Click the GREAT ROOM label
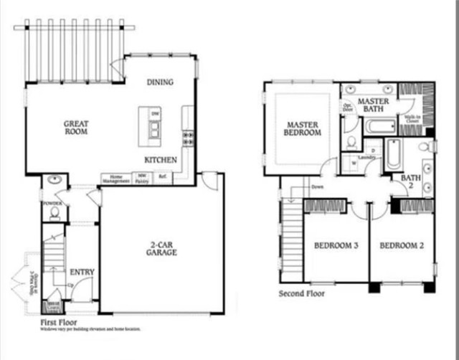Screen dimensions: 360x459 pyautogui.click(x=75, y=127)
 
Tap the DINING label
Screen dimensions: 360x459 pyautogui.click(x=160, y=82)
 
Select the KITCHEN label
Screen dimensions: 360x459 pyautogui.click(x=161, y=160)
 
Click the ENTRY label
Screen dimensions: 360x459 pyautogui.click(x=82, y=272)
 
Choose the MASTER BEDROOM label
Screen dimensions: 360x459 pyautogui.click(x=303, y=128)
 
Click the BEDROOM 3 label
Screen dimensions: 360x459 pyautogui.click(x=336, y=246)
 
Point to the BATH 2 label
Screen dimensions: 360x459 pyautogui.click(x=412, y=182)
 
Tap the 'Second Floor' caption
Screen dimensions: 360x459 pyautogui.click(x=301, y=293)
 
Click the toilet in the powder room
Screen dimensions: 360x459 pyautogui.click(x=55, y=212)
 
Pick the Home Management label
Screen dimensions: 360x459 pyautogui.click(x=115, y=178)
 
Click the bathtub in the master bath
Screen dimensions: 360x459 pyautogui.click(x=379, y=126)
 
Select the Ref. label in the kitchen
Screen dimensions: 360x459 pyautogui.click(x=164, y=176)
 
